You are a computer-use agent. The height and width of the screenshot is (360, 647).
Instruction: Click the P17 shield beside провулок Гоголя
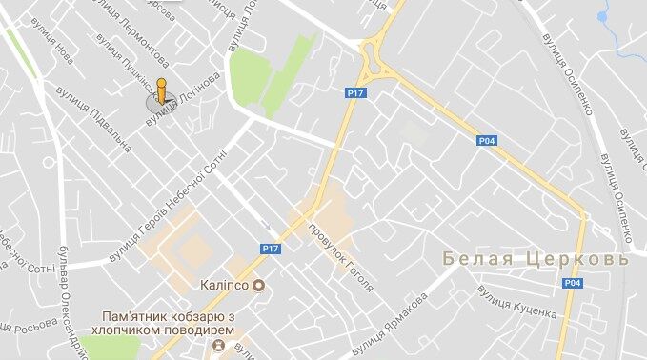click(x=271, y=248)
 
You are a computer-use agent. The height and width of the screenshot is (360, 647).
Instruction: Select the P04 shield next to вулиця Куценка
click(x=572, y=282)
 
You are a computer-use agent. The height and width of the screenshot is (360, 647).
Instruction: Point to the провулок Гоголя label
click(x=340, y=256)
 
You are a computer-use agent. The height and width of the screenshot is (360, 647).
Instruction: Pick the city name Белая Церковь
click(x=536, y=259)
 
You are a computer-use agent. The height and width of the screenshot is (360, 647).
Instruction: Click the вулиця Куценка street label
click(x=517, y=301)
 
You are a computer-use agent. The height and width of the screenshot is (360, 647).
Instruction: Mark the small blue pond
click(x=602, y=16)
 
